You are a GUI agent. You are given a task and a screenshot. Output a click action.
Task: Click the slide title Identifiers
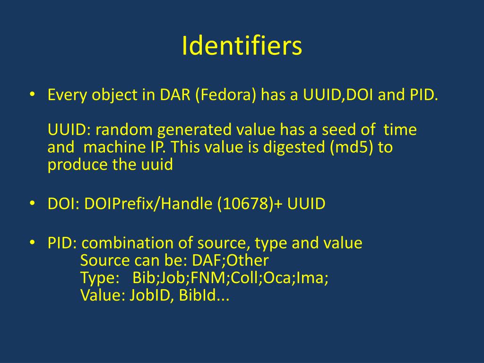pyautogui.click(x=242, y=46)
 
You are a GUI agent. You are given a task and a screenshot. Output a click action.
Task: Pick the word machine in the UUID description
pyautogui.click(x=108, y=147)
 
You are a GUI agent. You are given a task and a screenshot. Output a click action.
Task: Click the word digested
pyautogui.click(x=289, y=147)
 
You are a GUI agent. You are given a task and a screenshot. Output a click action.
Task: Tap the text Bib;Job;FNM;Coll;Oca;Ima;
pyautogui.click(x=230, y=278)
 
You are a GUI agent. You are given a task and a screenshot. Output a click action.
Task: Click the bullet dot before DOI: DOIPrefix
pyautogui.click(x=32, y=203)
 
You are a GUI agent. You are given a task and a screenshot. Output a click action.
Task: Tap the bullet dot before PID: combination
pyautogui.click(x=32, y=242)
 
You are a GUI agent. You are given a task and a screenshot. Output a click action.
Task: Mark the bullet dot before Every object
pyautogui.click(x=32, y=94)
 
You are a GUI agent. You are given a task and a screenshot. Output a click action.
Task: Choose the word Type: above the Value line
pyautogui.click(x=100, y=278)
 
